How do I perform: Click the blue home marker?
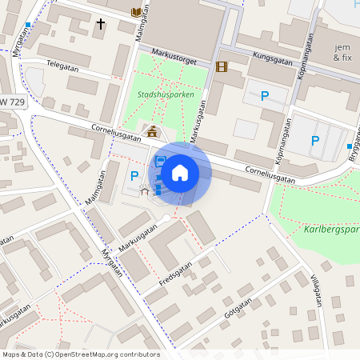point(180,173)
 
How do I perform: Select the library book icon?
point(136,11)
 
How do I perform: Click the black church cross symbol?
point(101,25)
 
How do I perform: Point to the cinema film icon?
point(222,67)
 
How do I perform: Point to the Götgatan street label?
point(243,309)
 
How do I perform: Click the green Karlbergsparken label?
point(332,230)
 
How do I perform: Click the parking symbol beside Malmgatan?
point(134,175)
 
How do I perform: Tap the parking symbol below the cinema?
point(264,97)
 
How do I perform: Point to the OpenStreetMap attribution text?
point(81,354)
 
